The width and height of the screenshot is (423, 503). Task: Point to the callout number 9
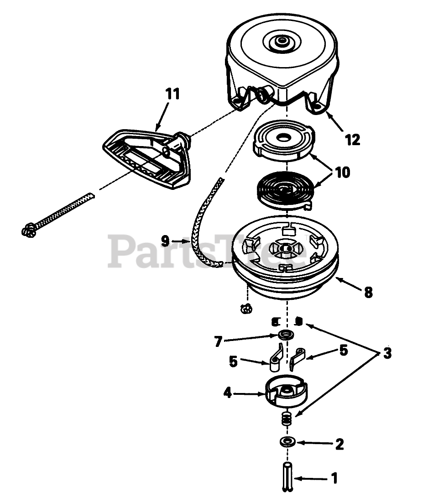click(x=165, y=239)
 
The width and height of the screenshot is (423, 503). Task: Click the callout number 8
click(x=368, y=292)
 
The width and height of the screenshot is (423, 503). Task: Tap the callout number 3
click(x=387, y=354)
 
